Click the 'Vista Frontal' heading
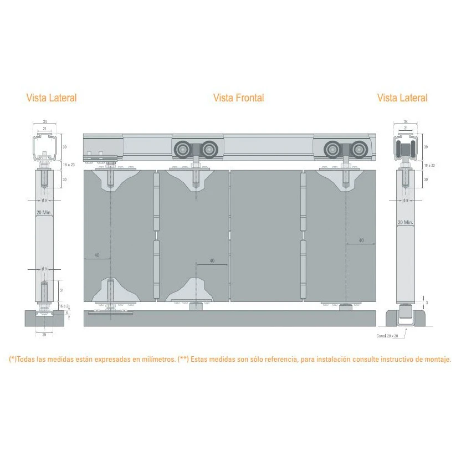tap(238, 98)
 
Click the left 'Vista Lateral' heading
tap(52, 98)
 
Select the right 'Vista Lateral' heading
tap(402, 98)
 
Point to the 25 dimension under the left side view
tap(44, 334)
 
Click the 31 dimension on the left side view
tap(63, 290)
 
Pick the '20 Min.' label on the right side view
tap(405, 222)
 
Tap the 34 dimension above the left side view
tap(44, 122)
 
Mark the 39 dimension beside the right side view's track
tap(426, 147)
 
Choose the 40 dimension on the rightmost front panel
tap(361, 240)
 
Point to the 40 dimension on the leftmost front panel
tap(96, 255)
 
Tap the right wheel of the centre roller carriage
tap(208, 150)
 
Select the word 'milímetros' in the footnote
tap(150, 360)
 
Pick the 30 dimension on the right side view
tap(426, 180)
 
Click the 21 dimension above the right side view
tap(406, 128)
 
